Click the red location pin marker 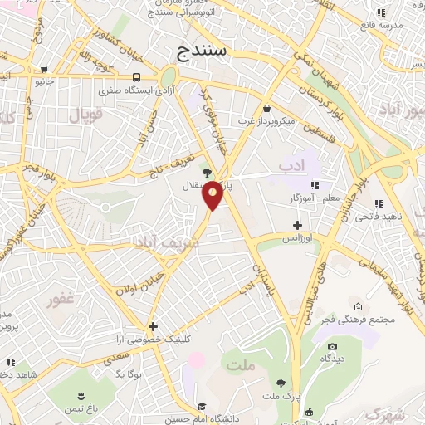pos(213,194)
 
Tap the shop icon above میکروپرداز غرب pos(266,108)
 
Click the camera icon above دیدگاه pos(333,346)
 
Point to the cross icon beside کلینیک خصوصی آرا pos(153,326)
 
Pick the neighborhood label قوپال pos(85,116)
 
